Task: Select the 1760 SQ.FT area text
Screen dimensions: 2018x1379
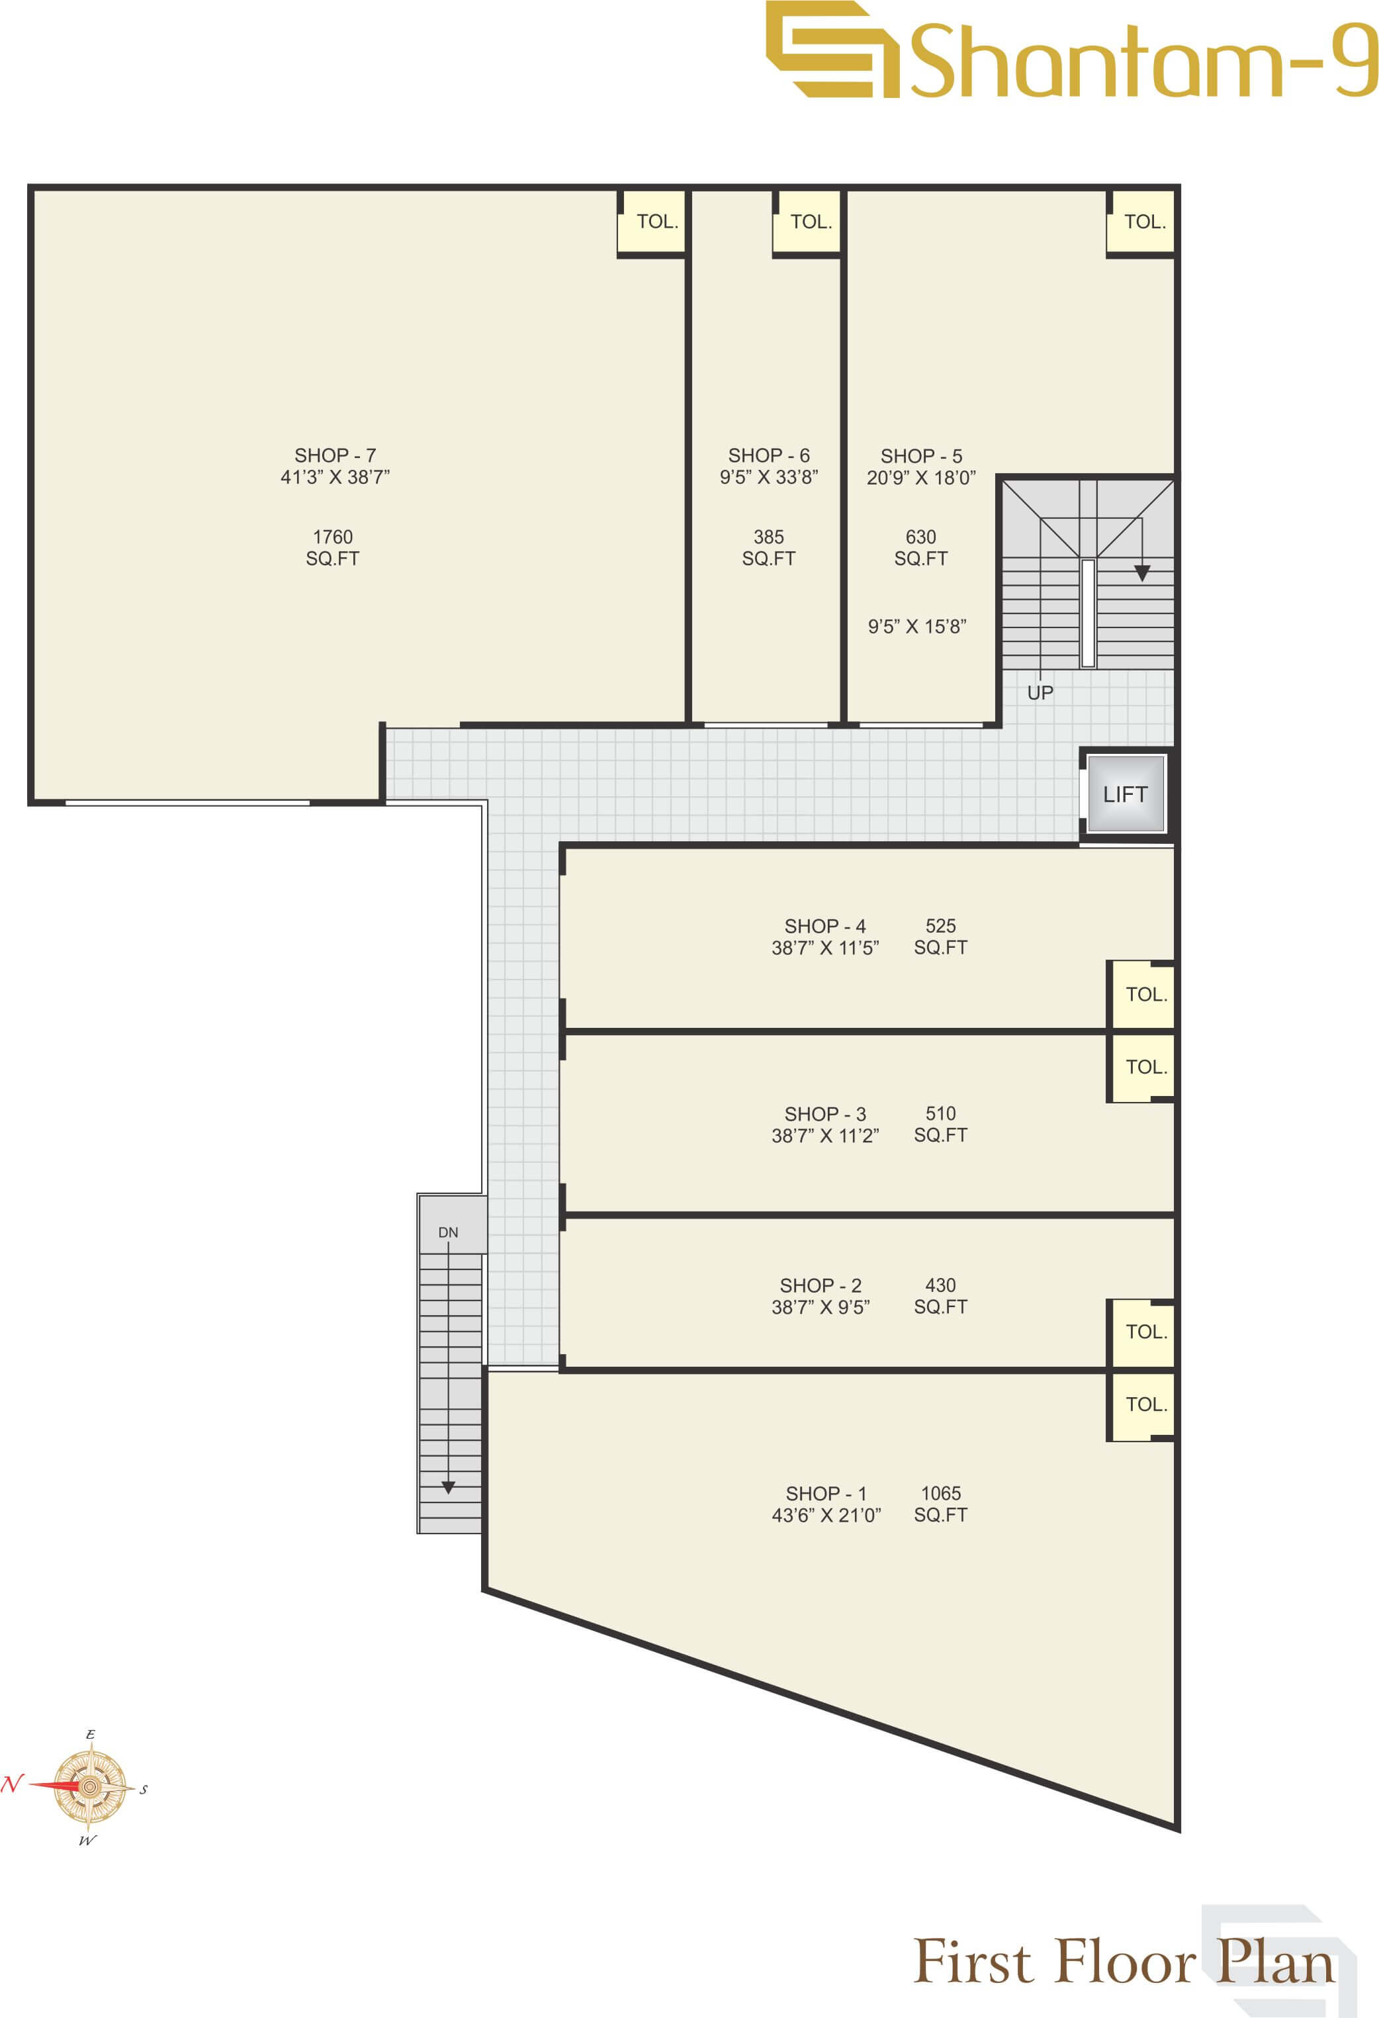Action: click(333, 548)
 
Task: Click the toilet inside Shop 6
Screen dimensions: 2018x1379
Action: click(809, 222)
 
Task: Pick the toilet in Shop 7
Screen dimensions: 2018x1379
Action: click(655, 222)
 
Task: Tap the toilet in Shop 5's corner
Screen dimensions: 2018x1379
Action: click(1143, 222)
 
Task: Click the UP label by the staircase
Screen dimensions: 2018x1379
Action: click(1040, 693)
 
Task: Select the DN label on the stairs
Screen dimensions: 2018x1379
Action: click(448, 1233)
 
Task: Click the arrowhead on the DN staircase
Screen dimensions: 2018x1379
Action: click(448, 1487)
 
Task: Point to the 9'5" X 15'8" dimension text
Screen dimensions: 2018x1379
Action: click(917, 627)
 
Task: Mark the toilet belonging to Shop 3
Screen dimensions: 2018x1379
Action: click(1145, 1067)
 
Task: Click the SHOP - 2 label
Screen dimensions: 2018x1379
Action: click(821, 1285)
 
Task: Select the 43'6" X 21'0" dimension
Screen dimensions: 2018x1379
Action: click(826, 1515)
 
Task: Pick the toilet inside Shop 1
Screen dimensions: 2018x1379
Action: click(1145, 1404)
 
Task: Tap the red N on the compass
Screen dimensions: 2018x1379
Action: click(11, 1784)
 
